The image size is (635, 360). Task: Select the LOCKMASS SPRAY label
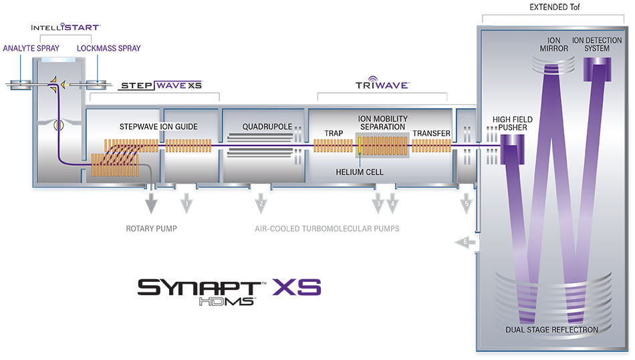click(x=109, y=49)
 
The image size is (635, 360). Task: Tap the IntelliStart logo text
click(x=66, y=28)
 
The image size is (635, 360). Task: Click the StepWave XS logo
click(x=160, y=85)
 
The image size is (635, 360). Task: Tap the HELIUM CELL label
click(x=360, y=172)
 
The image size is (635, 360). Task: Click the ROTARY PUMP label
click(x=151, y=228)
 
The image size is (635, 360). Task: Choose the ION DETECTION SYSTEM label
click(x=597, y=45)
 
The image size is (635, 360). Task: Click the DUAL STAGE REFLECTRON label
click(x=553, y=329)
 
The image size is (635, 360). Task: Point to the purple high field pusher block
click(x=513, y=149)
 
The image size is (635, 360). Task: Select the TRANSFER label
click(x=431, y=133)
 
